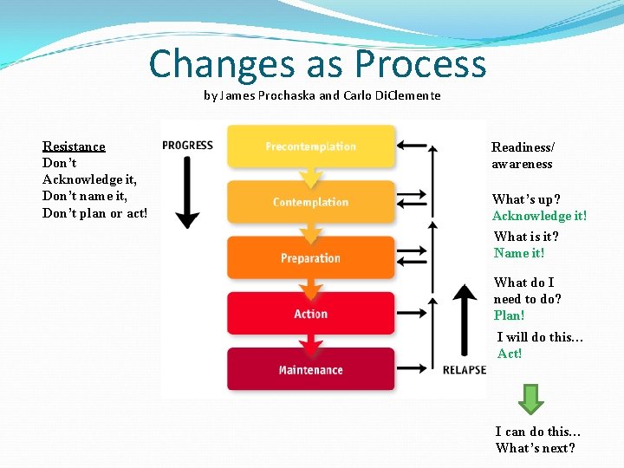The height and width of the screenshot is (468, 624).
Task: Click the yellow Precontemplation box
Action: point(310,146)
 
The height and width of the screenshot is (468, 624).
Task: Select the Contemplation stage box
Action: point(310,202)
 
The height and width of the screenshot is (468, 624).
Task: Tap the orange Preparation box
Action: point(310,258)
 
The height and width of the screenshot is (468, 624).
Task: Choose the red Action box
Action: point(310,314)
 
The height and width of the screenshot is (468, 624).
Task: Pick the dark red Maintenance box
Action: point(310,370)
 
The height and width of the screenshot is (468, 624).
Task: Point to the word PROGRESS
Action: point(187,145)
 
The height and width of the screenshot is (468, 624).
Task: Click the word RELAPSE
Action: point(465,370)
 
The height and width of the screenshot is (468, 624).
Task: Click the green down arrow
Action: point(530,398)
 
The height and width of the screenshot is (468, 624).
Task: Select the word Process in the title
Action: point(420,65)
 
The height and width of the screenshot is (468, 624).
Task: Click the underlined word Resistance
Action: point(74,146)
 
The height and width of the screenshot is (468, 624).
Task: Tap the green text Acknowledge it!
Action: point(539,216)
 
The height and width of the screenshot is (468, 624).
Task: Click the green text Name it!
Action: point(519,253)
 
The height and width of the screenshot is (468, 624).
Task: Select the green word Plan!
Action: point(510,315)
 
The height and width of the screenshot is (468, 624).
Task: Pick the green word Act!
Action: point(510,354)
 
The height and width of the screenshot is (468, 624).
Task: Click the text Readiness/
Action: point(523,147)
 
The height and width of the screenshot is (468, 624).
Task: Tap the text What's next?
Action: point(535,448)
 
